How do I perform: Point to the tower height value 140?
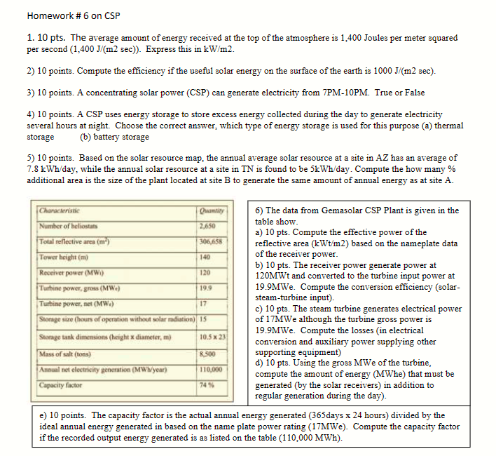tap(205, 258)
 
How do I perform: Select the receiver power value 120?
tap(205, 273)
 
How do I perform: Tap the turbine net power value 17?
tap(203, 304)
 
